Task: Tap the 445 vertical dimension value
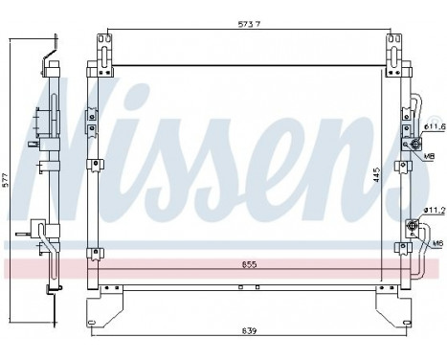pyautogui.click(x=377, y=176)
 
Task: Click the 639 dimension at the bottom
pyautogui.click(x=251, y=331)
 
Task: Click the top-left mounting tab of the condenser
pyautogui.click(x=102, y=46)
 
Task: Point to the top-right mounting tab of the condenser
pyautogui.click(x=392, y=46)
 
